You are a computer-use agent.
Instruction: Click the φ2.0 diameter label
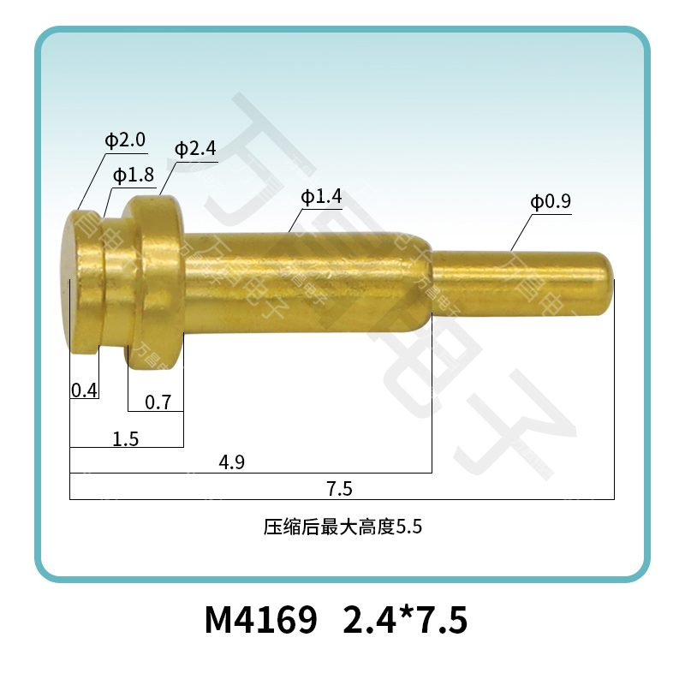(125, 140)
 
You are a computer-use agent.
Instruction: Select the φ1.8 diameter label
(133, 176)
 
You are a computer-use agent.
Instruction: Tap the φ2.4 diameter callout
(195, 148)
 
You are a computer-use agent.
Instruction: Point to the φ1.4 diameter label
(321, 198)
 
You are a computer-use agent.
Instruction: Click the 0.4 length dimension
(84, 390)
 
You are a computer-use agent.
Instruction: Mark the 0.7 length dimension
(158, 401)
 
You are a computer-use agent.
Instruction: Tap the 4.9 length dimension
(232, 463)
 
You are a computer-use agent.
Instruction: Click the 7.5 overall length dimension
(340, 489)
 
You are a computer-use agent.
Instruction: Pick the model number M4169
(262, 620)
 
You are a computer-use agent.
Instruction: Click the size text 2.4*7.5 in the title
(405, 620)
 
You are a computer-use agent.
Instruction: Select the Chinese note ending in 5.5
(342, 527)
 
